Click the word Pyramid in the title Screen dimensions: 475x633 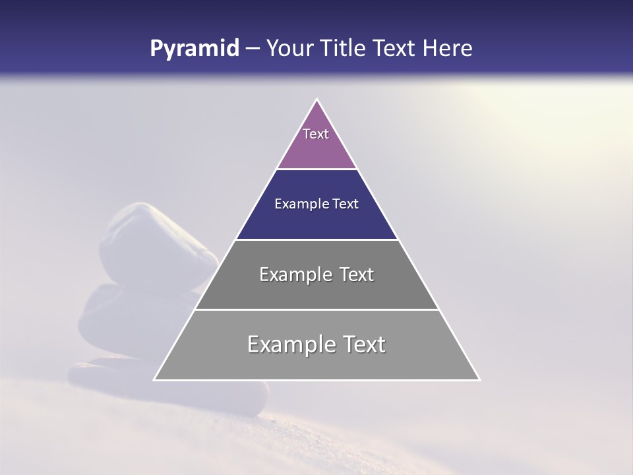click(x=195, y=49)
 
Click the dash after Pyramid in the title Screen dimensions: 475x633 click(x=253, y=49)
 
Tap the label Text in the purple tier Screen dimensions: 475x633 click(x=316, y=134)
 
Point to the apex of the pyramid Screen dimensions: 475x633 click(x=317, y=100)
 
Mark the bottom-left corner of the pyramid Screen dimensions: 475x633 click(x=155, y=379)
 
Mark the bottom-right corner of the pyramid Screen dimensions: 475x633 click(x=479, y=379)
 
